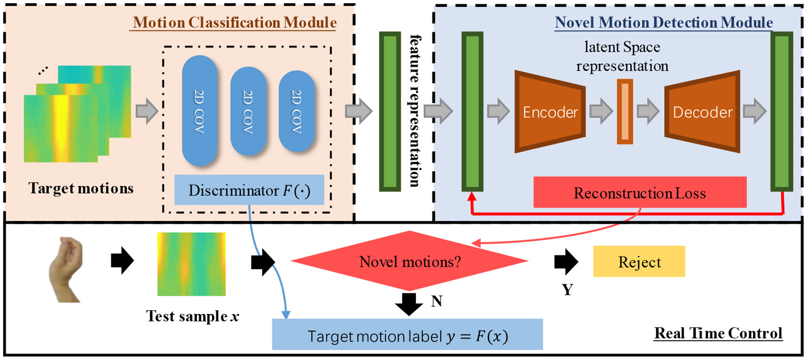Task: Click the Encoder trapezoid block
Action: tap(550, 112)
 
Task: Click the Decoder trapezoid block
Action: tap(702, 112)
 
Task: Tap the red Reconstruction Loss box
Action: tap(639, 193)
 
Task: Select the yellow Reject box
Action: tap(639, 262)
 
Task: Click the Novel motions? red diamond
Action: tap(409, 261)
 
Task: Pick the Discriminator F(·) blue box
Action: tap(249, 190)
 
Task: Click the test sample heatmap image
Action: tap(191, 264)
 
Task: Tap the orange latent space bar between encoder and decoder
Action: tap(625, 112)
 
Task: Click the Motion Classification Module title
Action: tap(235, 22)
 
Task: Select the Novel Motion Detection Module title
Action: tap(663, 22)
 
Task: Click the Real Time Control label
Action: tap(718, 333)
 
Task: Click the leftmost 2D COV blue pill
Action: tap(199, 111)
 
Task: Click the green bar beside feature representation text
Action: tap(390, 112)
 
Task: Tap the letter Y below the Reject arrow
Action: tap(567, 290)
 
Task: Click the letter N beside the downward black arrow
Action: tap(436, 301)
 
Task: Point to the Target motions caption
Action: tap(81, 188)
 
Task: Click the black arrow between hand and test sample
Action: tap(122, 261)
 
